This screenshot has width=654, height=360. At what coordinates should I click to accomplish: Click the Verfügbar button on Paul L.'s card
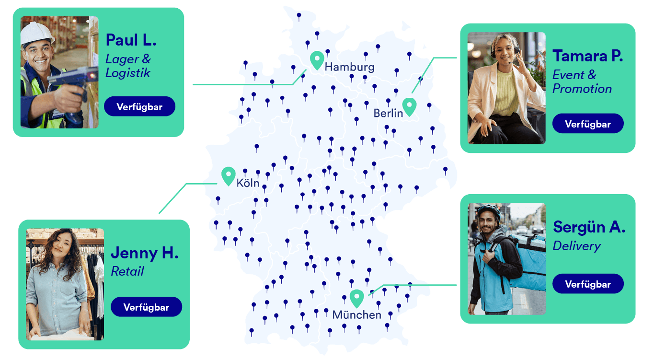coord(139,106)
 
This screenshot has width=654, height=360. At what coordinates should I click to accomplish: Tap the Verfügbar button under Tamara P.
coord(588,124)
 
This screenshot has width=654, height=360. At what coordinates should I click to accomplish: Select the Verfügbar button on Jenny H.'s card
coord(146,307)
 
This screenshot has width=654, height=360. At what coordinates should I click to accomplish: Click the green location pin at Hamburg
coord(317,60)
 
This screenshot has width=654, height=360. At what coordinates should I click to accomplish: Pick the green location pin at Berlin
coord(409,106)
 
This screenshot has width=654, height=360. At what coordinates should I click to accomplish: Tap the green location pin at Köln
coord(229,175)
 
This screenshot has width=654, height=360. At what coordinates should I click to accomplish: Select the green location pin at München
coord(356,298)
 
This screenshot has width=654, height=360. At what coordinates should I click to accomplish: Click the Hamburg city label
coord(349,67)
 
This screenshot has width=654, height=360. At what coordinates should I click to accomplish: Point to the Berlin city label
coord(388,113)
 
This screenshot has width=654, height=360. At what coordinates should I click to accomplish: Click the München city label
coord(356,315)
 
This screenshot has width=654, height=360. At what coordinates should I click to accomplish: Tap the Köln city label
coord(248,183)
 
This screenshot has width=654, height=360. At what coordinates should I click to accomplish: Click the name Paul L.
coord(131,40)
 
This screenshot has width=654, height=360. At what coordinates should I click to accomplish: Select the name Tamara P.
coord(588,56)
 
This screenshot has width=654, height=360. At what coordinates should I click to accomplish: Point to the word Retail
coord(127,271)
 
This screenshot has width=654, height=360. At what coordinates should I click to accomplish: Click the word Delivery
coord(577,246)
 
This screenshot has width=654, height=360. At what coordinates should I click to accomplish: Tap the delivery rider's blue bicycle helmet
coord(489,211)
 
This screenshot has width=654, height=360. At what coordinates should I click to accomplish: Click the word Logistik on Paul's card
coord(128,73)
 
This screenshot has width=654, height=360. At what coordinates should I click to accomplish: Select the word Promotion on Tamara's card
coord(582,89)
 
